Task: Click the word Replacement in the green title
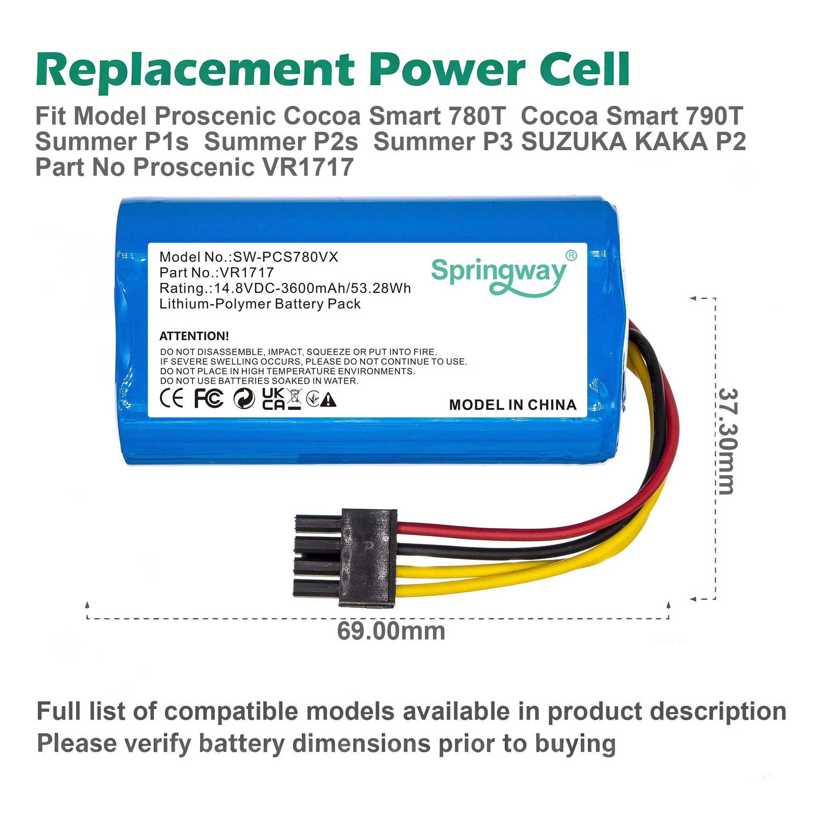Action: click(x=195, y=71)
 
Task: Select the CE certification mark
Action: click(x=171, y=398)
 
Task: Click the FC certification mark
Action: click(x=209, y=398)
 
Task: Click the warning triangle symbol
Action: click(x=328, y=400)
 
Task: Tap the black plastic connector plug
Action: click(x=345, y=558)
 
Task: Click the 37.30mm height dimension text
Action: click(x=729, y=441)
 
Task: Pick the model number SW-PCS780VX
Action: click(x=286, y=257)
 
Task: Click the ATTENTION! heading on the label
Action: click(x=194, y=336)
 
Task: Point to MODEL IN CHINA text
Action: click(x=513, y=405)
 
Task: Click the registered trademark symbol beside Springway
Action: click(x=571, y=255)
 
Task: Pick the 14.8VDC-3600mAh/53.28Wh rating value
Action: click(x=312, y=288)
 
